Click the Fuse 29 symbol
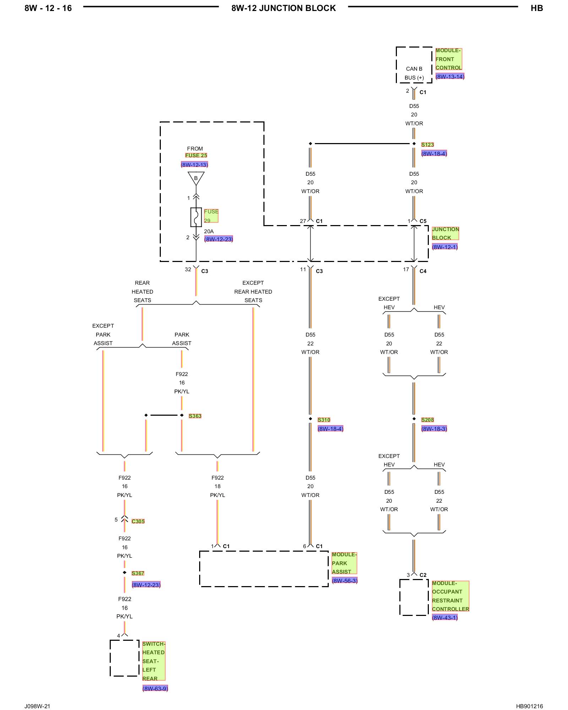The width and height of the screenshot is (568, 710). [x=196, y=217]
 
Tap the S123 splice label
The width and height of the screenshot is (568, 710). [x=427, y=144]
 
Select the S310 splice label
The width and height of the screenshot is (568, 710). [x=324, y=420]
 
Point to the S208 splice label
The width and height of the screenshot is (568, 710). [x=427, y=420]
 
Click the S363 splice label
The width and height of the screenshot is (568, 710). [x=195, y=416]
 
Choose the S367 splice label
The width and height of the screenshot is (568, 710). [x=138, y=573]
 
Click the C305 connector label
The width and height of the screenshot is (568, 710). [x=138, y=521]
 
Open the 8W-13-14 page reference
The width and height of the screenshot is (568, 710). [x=450, y=76]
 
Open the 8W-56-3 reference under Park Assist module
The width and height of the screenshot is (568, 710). [x=344, y=580]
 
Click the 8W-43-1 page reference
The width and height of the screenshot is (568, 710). [x=445, y=617]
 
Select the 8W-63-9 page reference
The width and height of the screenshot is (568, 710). [x=155, y=688]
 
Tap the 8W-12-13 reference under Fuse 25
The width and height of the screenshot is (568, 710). [x=194, y=164]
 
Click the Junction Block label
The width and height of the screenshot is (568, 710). [x=445, y=233]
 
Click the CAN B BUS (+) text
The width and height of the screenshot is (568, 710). [x=414, y=73]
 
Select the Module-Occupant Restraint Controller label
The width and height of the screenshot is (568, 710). [x=450, y=596]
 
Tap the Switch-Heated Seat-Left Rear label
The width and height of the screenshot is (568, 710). [x=154, y=661]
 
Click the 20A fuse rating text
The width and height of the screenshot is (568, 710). [x=209, y=231]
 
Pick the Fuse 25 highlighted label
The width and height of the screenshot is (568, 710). [x=196, y=155]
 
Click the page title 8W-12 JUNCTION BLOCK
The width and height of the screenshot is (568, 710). [x=284, y=8]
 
